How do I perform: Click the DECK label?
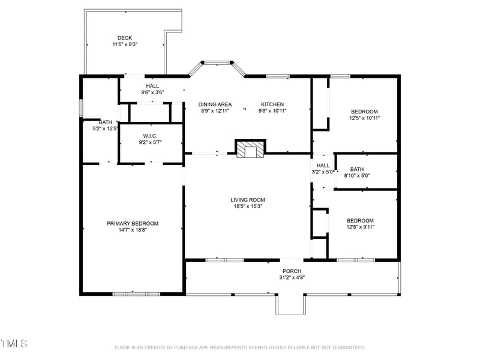pyautogui.click(x=124, y=38)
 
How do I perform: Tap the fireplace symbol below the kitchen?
pyautogui.click(x=250, y=149)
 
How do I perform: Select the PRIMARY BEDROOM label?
pyautogui.click(x=132, y=223)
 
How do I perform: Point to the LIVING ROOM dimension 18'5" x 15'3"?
pyautogui.click(x=248, y=206)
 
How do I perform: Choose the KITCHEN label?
pyautogui.click(x=272, y=104)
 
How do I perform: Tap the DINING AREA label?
pyautogui.click(x=215, y=104)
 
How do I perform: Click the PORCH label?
pyautogui.click(x=292, y=271)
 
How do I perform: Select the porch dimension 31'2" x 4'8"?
pyautogui.click(x=292, y=277)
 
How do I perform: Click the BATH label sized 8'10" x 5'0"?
pyautogui.click(x=357, y=169)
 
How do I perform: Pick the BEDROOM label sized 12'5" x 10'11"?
pyautogui.click(x=364, y=112)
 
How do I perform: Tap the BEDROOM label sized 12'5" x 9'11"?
pyautogui.click(x=360, y=220)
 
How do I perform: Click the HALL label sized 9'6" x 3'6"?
pyautogui.click(x=152, y=86)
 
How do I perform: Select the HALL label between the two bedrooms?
pyautogui.click(x=323, y=166)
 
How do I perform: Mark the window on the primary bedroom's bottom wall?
pyautogui.click(x=136, y=293)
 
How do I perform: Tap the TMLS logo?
pyautogui.click(x=14, y=344)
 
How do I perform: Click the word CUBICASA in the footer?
pyautogui.click(x=191, y=347)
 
